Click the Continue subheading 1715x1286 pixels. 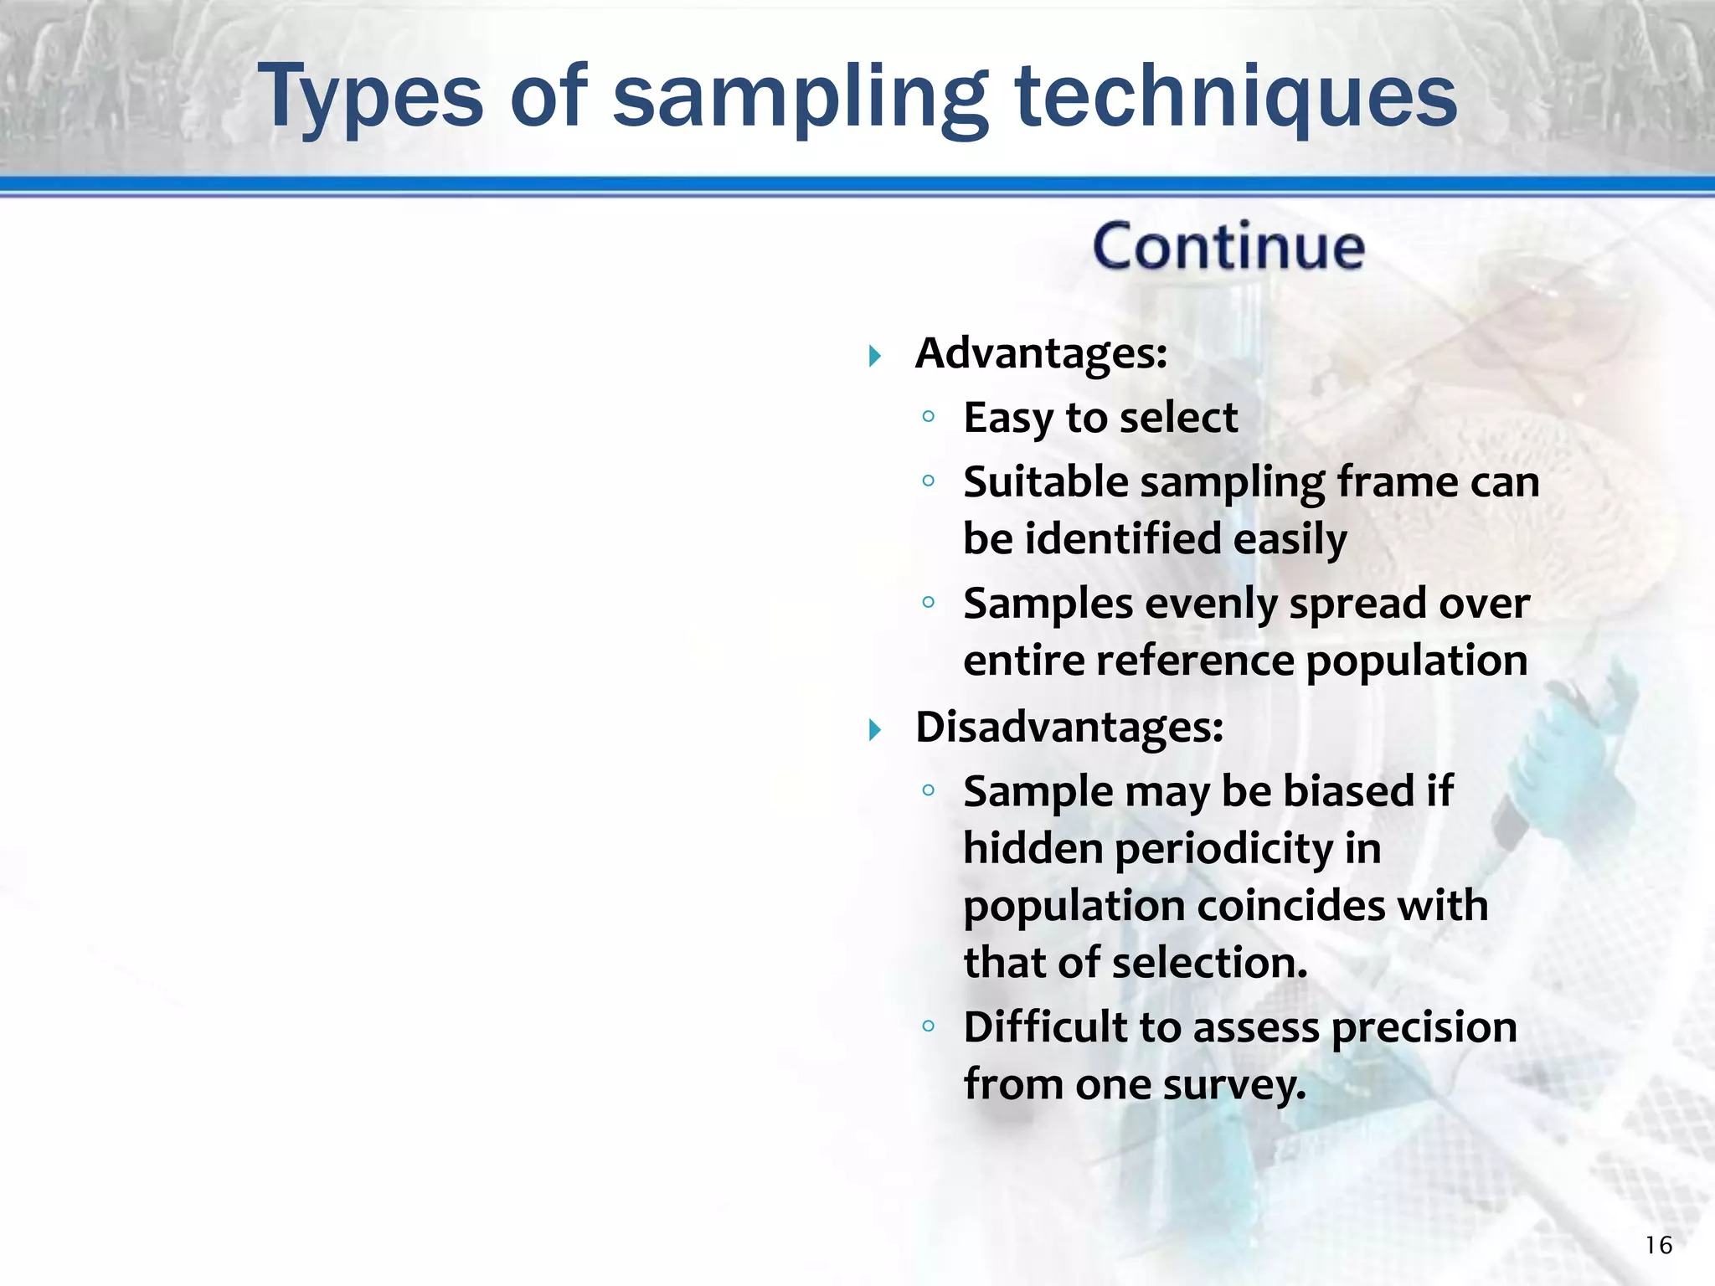[x=1228, y=248]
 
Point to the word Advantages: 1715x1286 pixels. [x=1041, y=353]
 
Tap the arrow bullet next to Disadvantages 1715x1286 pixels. [x=875, y=730]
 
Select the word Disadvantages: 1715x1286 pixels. [x=1069, y=727]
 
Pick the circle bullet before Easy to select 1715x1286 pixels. [x=928, y=416]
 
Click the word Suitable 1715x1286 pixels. [x=1045, y=483]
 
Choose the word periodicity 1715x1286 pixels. [x=1223, y=849]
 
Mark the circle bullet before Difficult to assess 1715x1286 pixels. [x=928, y=1026]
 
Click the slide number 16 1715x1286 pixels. [x=1658, y=1246]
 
